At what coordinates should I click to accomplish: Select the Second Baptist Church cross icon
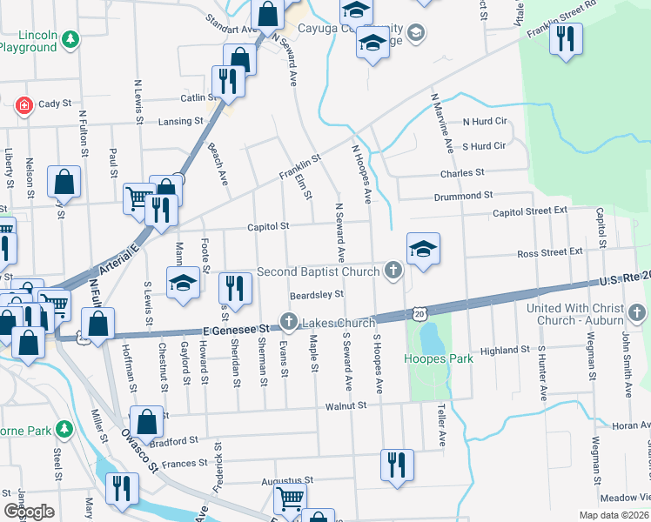[393, 271]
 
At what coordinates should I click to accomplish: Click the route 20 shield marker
[419, 311]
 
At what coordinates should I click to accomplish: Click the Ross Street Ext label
[550, 251]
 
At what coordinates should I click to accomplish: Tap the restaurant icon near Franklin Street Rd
[567, 38]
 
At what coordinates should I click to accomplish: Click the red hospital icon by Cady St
[25, 105]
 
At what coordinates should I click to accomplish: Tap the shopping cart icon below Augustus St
[290, 499]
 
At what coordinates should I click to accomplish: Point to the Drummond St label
[466, 196]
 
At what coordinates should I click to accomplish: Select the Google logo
[29, 512]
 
